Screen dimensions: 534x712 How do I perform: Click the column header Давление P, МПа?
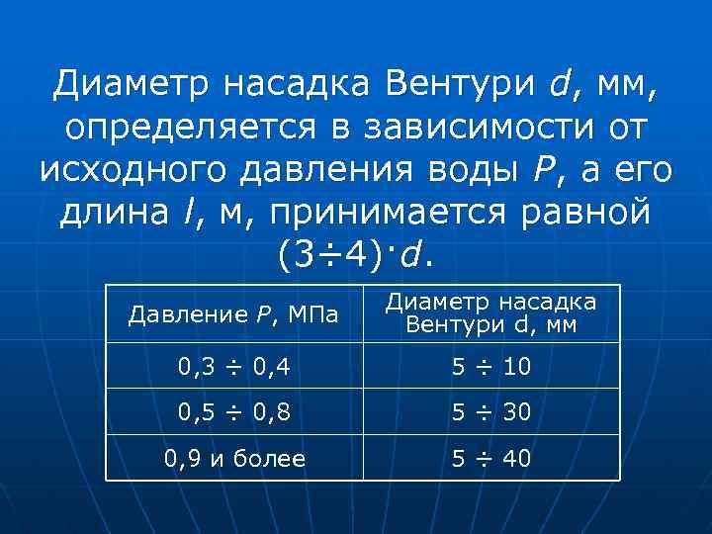coord(233,314)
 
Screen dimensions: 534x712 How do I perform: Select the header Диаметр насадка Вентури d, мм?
coord(490,313)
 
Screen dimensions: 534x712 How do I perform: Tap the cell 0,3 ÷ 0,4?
coord(233,368)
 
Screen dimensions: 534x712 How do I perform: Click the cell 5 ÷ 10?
coord(490,368)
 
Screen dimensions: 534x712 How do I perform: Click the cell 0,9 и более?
coord(233,459)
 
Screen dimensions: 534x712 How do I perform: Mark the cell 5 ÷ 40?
coord(490,459)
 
